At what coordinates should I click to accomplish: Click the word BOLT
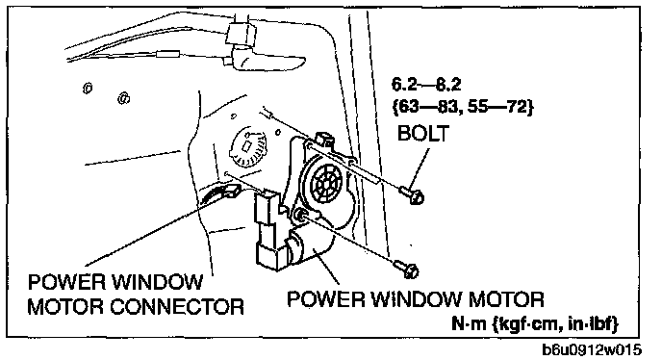click(x=423, y=133)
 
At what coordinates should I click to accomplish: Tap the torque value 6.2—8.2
click(x=426, y=85)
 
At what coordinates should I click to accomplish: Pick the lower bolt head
click(x=411, y=270)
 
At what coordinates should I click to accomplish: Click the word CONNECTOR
click(x=177, y=307)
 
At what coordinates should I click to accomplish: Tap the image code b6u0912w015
click(x=592, y=349)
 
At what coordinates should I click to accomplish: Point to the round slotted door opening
click(x=248, y=146)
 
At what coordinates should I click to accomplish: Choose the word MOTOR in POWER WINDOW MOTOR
click(x=506, y=299)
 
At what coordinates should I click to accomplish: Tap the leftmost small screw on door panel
click(x=88, y=88)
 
